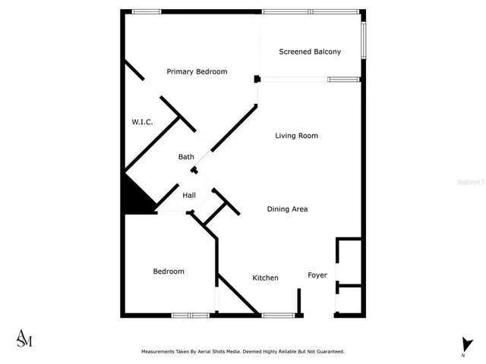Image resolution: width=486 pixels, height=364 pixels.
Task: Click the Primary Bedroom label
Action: [x=197, y=71]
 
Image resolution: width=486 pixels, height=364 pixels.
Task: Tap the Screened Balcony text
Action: [x=309, y=52]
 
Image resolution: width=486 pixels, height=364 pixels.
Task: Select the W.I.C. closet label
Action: [x=142, y=121]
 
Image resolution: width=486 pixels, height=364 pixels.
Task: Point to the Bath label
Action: [x=186, y=157]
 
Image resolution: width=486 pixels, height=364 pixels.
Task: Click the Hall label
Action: [x=189, y=196]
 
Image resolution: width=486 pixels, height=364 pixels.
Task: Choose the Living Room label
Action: [x=296, y=136]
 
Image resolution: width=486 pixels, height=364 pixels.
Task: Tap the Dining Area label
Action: [x=287, y=209]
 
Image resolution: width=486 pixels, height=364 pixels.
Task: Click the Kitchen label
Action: [x=265, y=278]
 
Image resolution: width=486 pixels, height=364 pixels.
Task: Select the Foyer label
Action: [x=317, y=275]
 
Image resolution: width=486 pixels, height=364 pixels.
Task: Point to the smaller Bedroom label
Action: [x=168, y=271]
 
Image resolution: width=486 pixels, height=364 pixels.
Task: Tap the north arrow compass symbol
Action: [x=463, y=345]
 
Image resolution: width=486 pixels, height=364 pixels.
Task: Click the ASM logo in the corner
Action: [x=24, y=338]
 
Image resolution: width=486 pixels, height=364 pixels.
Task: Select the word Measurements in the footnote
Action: [x=160, y=352]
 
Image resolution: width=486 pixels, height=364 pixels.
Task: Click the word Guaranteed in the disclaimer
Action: [x=327, y=352]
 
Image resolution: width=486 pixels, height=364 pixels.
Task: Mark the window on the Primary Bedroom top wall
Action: [x=146, y=11]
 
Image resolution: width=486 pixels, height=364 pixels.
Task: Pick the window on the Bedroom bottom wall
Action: [x=190, y=315]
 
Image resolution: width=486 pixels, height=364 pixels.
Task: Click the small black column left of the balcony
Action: [x=257, y=79]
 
